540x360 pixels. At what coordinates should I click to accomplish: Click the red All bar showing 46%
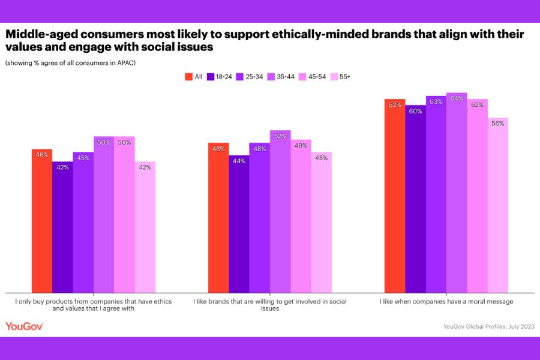42,220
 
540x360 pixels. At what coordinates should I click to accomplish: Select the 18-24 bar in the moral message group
416,198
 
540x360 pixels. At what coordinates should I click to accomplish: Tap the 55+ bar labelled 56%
498,204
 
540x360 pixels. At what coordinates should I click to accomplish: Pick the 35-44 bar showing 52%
280,210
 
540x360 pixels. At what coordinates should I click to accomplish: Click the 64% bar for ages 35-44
457,192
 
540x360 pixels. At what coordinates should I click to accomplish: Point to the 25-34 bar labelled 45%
83,221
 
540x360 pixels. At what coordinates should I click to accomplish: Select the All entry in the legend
193,77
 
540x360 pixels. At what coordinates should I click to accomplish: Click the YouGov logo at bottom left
24,326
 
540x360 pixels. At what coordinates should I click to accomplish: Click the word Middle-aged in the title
43,35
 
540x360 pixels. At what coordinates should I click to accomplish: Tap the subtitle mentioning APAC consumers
70,62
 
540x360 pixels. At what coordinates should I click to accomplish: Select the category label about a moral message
446,301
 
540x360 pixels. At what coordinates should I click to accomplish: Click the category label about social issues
270,305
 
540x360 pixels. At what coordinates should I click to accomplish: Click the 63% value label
436,102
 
